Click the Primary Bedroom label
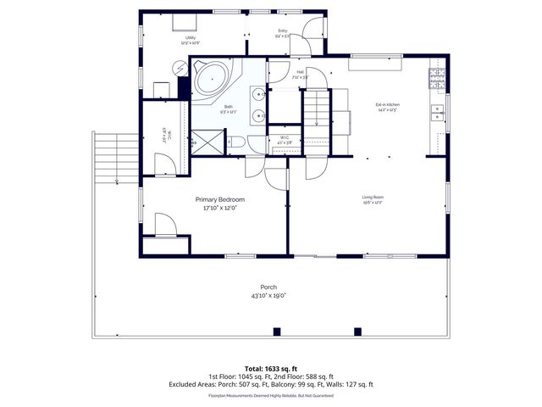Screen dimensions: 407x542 (x=214, y=199)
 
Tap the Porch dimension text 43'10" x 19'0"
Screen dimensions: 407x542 (x=268, y=297)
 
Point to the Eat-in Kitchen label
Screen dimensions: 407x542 (x=388, y=105)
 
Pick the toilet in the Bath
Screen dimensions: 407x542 (x=237, y=142)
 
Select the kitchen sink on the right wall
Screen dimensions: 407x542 (x=437, y=109)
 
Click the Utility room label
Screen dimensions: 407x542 (x=191, y=38)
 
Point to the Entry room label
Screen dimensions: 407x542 (x=282, y=32)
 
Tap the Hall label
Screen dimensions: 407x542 (x=300, y=72)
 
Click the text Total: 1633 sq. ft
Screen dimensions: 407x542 (x=271, y=367)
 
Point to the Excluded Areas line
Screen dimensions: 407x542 (x=271, y=384)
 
